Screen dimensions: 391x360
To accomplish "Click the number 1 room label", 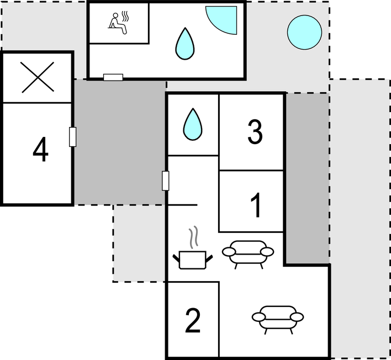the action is [256, 205].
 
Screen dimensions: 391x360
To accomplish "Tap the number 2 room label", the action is [193, 320].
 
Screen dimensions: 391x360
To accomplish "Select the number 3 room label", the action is [255, 131].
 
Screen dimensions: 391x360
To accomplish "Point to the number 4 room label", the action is [40, 149].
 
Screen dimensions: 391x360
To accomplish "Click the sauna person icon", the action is [119, 23].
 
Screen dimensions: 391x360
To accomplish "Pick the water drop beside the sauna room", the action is [185, 44].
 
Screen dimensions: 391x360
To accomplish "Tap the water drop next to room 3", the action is [193, 124].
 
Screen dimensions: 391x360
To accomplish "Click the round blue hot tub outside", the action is [304, 33].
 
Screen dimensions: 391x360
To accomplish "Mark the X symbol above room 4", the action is [38, 77].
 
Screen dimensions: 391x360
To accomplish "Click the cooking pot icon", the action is [193, 260].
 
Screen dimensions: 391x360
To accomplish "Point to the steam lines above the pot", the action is [193, 237].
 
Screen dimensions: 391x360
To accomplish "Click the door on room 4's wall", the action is [72, 137].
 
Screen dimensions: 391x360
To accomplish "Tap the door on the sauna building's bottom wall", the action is [113, 77].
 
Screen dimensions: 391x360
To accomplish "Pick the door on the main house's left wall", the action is [165, 181].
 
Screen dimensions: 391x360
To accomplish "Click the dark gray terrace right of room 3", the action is [308, 178].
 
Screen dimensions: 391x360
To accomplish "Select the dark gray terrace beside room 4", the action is [120, 142].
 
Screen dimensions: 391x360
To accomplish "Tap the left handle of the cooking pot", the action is [176, 258].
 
